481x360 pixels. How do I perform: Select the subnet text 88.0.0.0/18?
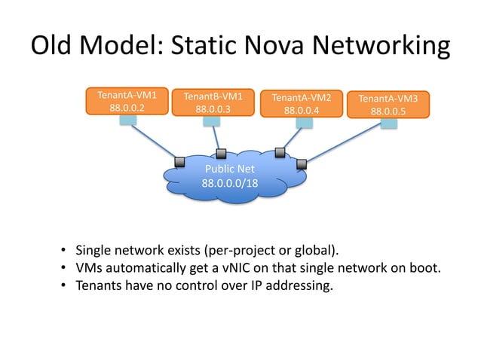[229, 183]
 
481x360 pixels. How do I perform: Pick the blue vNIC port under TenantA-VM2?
[303, 122]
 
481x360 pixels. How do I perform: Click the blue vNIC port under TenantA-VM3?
[389, 124]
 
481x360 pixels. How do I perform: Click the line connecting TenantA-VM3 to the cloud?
[347, 143]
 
